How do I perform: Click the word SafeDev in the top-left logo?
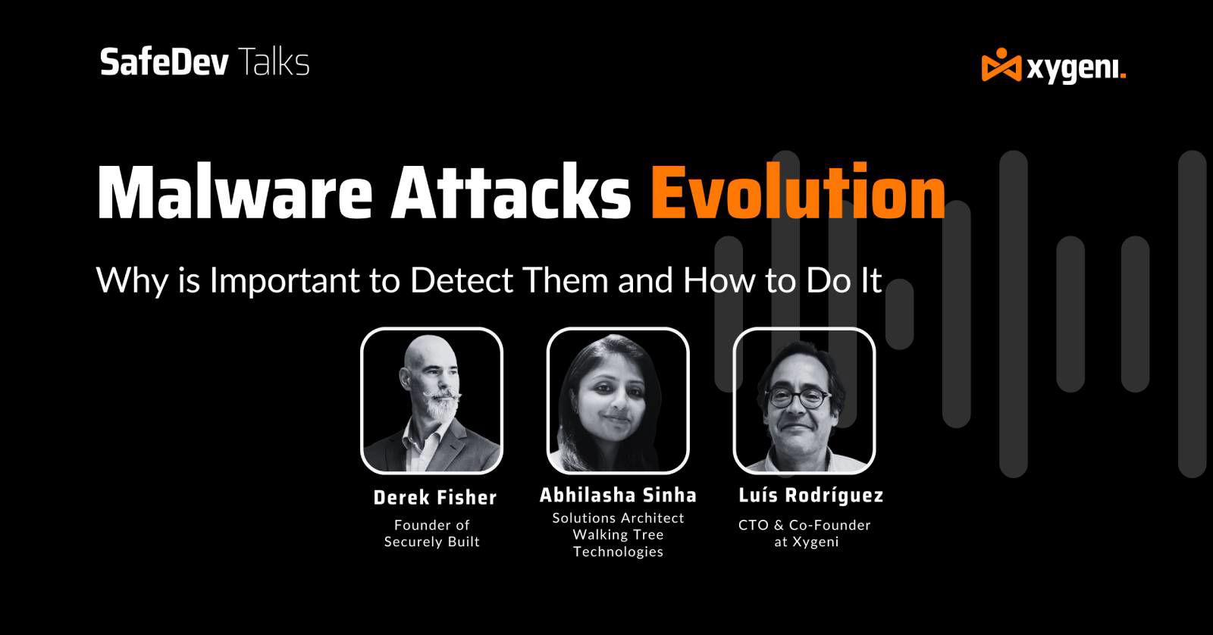[x=164, y=62]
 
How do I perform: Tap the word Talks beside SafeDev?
[x=274, y=62]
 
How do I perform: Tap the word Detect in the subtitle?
[x=462, y=281]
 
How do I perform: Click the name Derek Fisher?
[x=434, y=498]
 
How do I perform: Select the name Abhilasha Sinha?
[x=618, y=496]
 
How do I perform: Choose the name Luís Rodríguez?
[x=810, y=496]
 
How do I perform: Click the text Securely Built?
[x=432, y=542]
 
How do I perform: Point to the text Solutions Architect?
[x=618, y=518]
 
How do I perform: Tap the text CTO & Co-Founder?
[x=804, y=525]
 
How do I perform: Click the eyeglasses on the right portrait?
[x=798, y=396]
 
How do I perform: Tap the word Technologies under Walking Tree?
[x=618, y=552]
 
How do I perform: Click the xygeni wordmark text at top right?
[x=1076, y=68]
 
